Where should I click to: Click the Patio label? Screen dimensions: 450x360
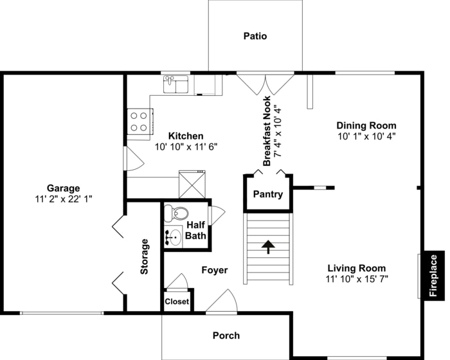click(x=255, y=36)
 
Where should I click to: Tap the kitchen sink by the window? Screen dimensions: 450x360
click(x=175, y=84)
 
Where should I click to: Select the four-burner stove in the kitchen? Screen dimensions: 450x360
click(x=140, y=122)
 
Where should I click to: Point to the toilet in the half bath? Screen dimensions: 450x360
click(x=176, y=213)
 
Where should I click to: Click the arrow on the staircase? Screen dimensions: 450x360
click(x=268, y=247)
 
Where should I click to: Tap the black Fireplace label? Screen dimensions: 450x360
click(x=433, y=276)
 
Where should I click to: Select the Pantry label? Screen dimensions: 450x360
click(x=268, y=194)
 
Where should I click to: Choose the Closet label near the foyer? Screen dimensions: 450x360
click(x=177, y=301)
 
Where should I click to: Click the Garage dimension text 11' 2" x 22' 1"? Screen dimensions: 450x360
click(x=64, y=199)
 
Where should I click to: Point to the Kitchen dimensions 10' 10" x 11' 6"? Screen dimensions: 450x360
click(x=186, y=147)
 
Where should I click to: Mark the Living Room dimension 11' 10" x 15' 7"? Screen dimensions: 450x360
click(x=357, y=279)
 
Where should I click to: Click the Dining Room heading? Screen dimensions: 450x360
click(x=366, y=125)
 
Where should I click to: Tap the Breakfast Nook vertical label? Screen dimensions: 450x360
click(x=267, y=131)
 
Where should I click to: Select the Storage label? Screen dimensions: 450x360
click(x=144, y=256)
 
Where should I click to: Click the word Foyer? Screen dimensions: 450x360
click(x=214, y=270)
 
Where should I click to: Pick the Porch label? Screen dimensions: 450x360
click(x=226, y=336)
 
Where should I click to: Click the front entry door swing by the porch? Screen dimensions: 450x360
click(x=222, y=300)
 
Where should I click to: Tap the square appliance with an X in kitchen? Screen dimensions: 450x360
click(x=192, y=184)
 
